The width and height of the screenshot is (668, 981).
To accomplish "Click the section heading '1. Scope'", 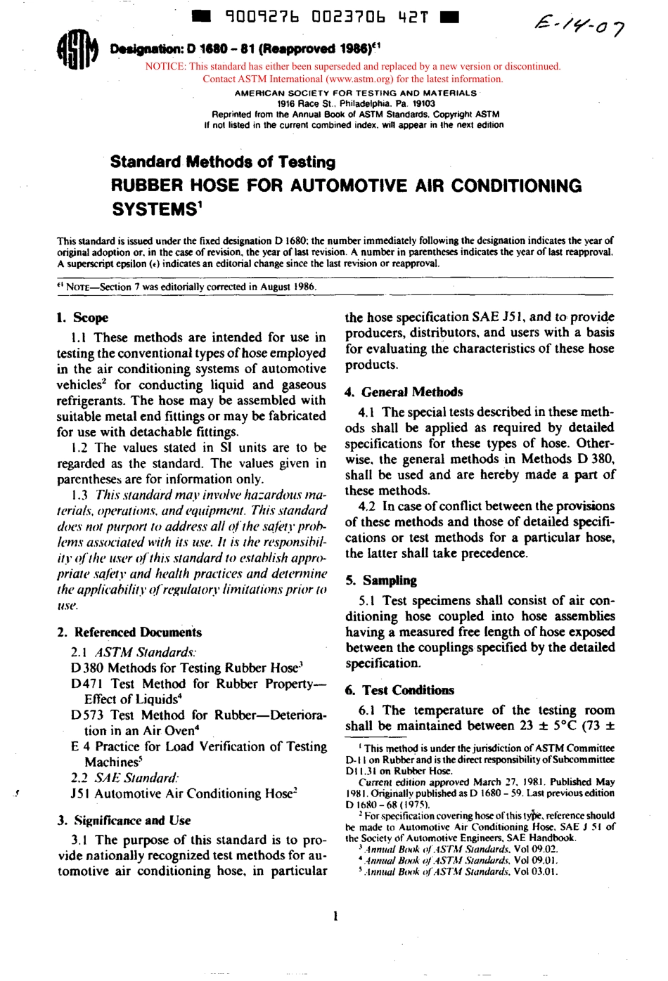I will pos(82,318).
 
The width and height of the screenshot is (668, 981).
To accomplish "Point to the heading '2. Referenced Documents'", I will pos(129,632).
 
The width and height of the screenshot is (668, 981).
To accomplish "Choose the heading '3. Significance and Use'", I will pos(124,821).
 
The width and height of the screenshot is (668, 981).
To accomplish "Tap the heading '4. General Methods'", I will pos(404,392).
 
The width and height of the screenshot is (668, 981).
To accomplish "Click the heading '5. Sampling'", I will pos(380,580).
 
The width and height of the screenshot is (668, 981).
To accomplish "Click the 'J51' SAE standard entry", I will pos(79,794).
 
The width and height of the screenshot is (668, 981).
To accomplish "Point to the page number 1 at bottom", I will pos(335,916).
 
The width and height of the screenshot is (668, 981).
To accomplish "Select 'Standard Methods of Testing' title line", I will pos(223,162).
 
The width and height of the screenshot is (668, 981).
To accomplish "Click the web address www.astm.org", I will pos(371,79).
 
